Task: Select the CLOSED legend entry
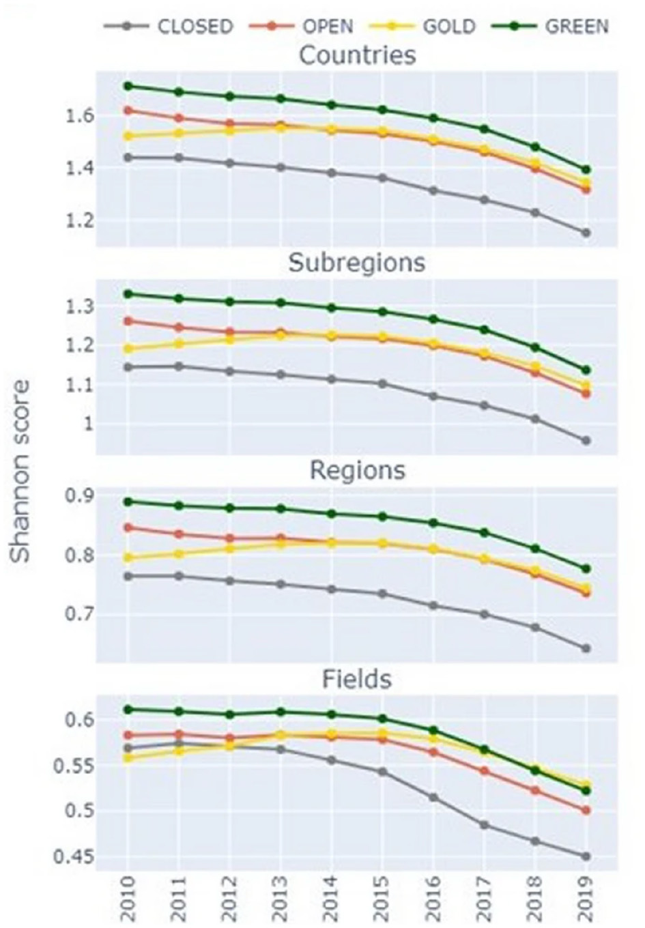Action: coord(170,27)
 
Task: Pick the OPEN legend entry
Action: coord(302,27)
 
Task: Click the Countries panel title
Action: coord(357,55)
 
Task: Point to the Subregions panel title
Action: coord(357,263)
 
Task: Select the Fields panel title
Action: coord(357,679)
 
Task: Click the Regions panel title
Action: coord(357,470)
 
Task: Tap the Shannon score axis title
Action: coord(21,471)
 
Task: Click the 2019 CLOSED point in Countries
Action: coord(586,233)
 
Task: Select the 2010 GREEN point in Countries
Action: coord(127,86)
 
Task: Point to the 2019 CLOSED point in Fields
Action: coord(586,856)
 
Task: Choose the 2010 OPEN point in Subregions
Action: coord(127,321)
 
